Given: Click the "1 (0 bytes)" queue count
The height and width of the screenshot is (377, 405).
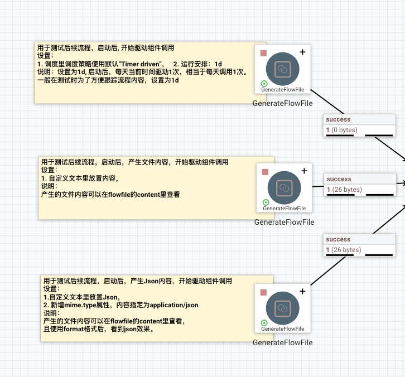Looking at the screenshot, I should coord(341,130).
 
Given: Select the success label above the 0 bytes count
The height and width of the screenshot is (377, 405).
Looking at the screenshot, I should coord(339,119).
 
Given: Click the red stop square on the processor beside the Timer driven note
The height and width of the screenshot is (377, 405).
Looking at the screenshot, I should coord(263,53).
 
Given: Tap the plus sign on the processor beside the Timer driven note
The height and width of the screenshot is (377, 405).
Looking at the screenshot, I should coord(302,52).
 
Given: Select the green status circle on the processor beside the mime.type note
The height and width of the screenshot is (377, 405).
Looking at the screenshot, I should coord(264,323).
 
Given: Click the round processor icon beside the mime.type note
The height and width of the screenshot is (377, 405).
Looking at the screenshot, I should coord(283,308).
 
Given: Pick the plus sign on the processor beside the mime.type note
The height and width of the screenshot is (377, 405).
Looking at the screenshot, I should coord(302,291).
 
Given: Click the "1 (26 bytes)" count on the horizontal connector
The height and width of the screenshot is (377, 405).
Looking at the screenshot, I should coord(344,190).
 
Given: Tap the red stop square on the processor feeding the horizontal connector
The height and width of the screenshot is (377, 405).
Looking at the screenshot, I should coord(265,172).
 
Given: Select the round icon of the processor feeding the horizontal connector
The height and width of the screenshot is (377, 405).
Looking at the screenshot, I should coord(284,188).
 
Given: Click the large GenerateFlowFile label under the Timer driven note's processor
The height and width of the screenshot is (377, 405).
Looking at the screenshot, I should coord(282,103).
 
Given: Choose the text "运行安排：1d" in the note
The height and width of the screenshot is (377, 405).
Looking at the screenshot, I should coord(197,64).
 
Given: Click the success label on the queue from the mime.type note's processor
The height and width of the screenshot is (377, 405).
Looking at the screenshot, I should coord(339,239).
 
